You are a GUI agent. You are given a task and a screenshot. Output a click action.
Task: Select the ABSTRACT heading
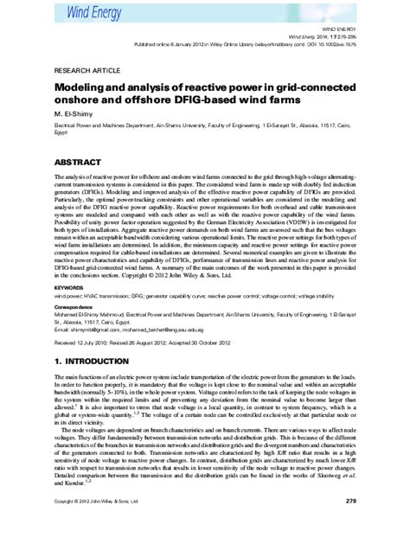(x=79, y=161)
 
